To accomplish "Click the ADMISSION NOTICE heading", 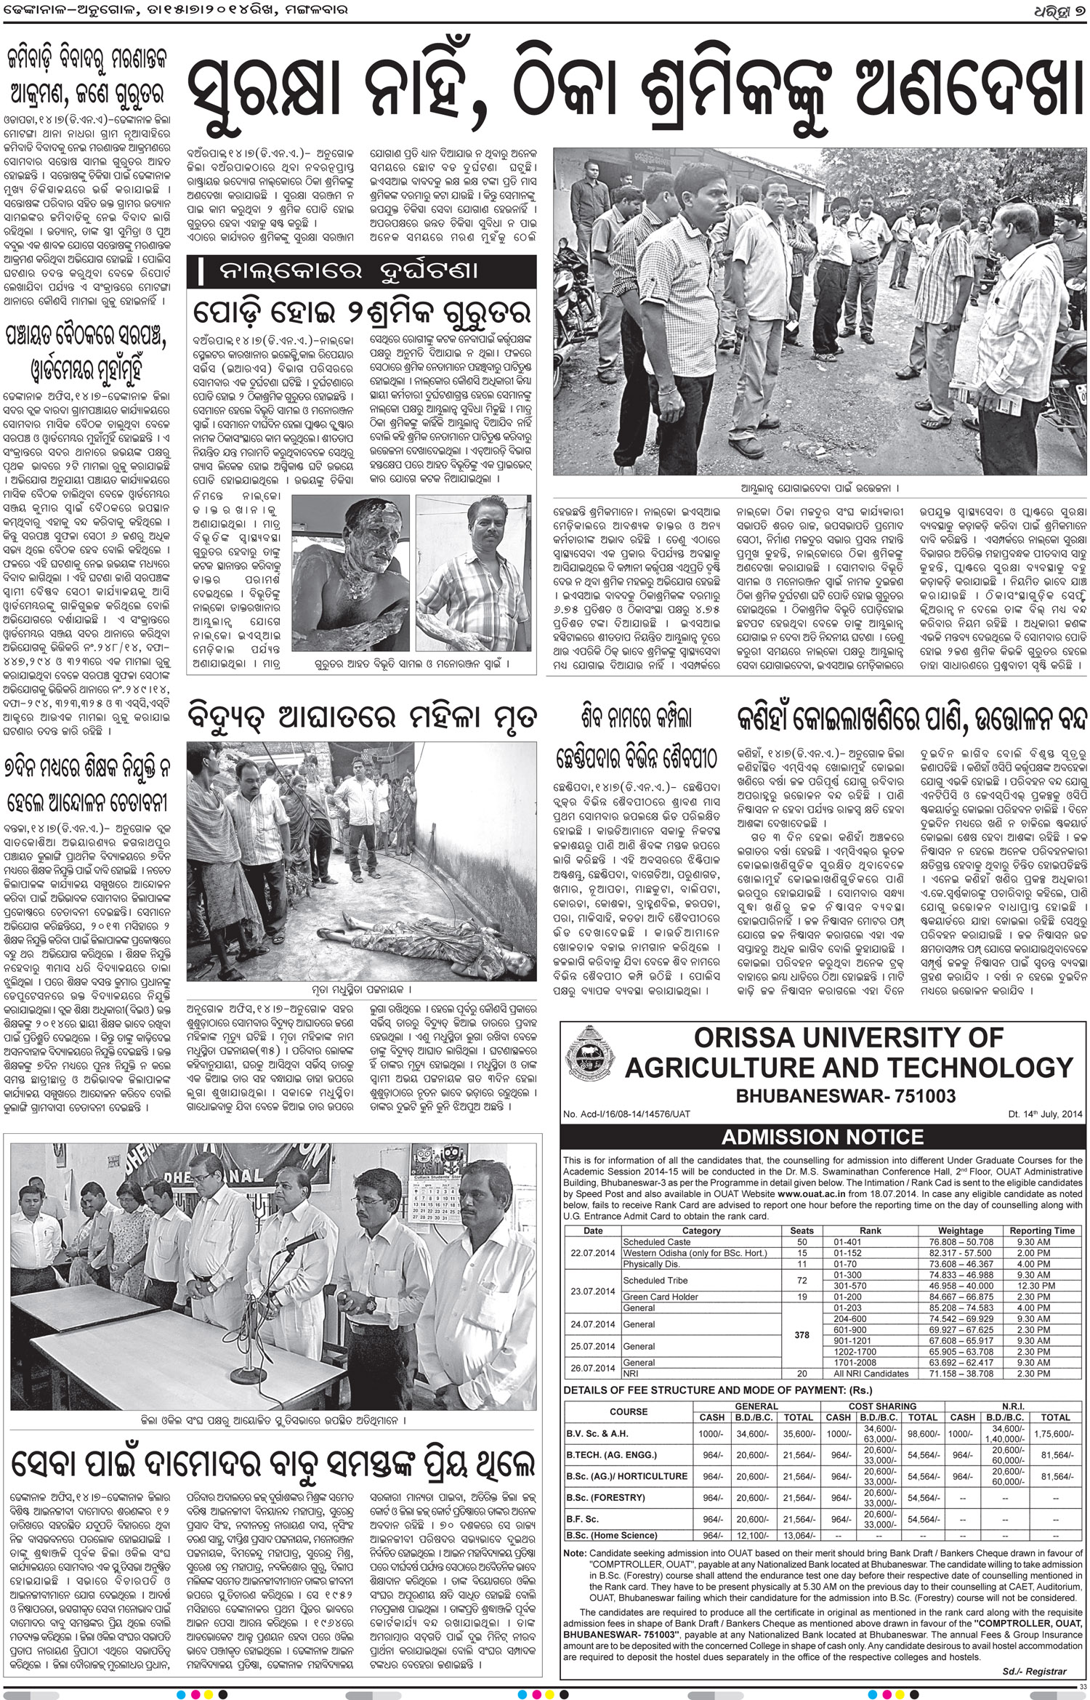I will [822, 1137].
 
